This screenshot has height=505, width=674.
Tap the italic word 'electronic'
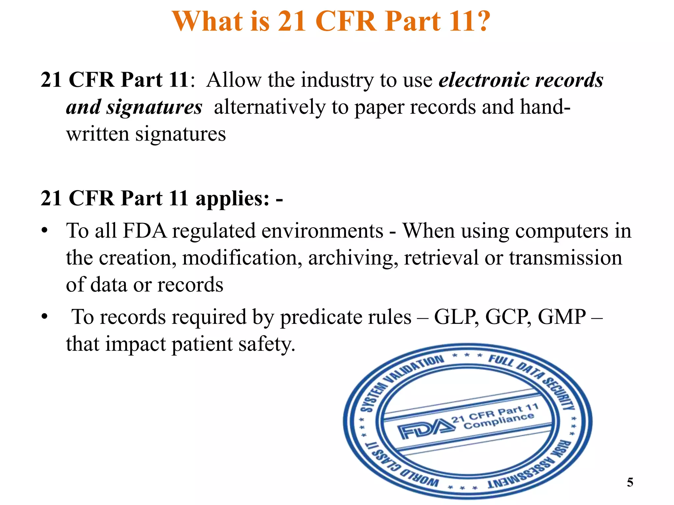tap(484, 80)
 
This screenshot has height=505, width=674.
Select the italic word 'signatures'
tap(154, 107)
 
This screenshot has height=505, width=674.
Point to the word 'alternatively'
tap(269, 107)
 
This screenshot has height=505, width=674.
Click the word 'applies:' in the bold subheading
tap(232, 198)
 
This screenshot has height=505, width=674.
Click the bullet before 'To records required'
tap(45, 317)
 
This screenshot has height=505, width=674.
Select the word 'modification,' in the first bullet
tap(242, 258)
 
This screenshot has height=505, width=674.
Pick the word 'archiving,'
tap(351, 258)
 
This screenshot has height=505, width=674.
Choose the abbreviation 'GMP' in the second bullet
tap(561, 317)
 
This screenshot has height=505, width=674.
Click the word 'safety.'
tap(267, 344)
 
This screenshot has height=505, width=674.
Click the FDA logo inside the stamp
tap(423, 429)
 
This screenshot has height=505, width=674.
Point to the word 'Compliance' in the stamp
tap(499, 421)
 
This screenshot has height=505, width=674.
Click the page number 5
tap(630, 482)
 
